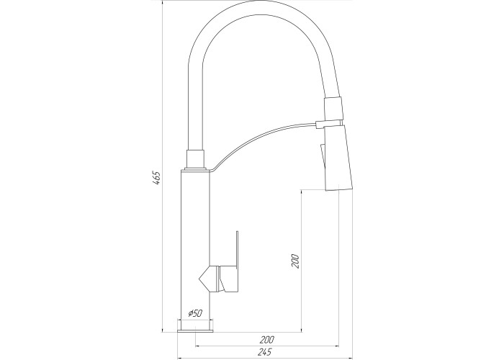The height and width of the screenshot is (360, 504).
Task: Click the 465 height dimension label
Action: pos(156,178)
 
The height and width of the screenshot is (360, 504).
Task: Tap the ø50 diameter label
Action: pos(195,312)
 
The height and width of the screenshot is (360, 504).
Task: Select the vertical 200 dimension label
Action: pos(295,261)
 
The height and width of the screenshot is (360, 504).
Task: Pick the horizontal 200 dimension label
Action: pos(267,339)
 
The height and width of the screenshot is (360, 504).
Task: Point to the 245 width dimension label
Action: pos(264,352)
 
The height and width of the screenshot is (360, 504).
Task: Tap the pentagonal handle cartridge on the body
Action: pos(210,279)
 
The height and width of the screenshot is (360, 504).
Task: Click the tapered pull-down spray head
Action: pos(338,158)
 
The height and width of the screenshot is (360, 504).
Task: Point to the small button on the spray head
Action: pos(322,156)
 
